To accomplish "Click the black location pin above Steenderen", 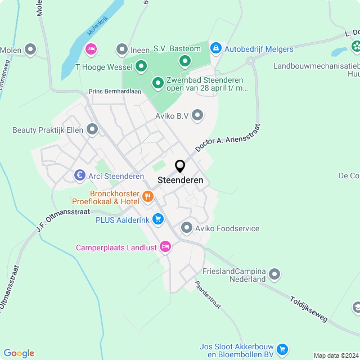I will (180, 166).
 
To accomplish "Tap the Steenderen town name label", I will (181, 181).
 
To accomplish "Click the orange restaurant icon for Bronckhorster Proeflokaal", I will (148, 196).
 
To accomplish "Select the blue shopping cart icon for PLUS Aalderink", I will (158, 219).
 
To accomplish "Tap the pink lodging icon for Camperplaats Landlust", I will (165, 246).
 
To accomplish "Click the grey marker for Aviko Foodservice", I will (187, 228).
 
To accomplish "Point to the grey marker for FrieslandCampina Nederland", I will (274, 274).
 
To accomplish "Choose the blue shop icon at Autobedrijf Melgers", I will (215, 49).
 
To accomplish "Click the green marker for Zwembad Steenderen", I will (157, 84).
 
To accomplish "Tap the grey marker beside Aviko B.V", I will (197, 116).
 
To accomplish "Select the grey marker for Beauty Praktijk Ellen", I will (92, 130).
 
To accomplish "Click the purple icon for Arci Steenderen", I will (80, 176).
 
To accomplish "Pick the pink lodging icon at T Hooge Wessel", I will (90, 50).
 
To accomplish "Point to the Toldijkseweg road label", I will (309, 310).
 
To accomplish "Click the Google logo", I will (19, 353).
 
